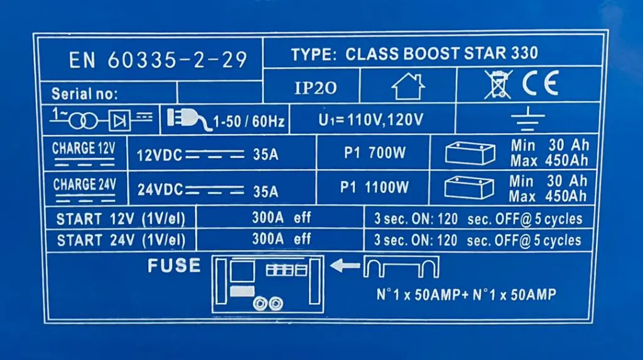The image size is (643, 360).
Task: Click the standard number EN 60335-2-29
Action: (x=158, y=60)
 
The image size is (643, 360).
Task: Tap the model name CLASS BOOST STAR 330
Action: (x=414, y=53)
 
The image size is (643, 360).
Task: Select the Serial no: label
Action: (x=84, y=94)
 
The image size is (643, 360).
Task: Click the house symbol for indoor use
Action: (x=408, y=87)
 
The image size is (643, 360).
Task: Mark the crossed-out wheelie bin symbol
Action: (x=498, y=84)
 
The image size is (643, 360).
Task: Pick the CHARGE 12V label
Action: (x=83, y=149)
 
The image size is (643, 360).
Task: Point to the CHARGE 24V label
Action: (x=84, y=185)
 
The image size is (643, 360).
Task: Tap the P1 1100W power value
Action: (x=374, y=187)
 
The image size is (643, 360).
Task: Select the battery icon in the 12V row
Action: (x=469, y=153)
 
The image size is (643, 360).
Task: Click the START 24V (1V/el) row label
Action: (x=121, y=240)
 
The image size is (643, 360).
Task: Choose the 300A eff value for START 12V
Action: (x=281, y=219)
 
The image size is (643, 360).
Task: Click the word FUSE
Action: (x=174, y=266)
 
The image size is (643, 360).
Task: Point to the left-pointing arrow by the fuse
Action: (x=345, y=266)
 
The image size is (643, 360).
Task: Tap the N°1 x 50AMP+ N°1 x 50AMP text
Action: (x=465, y=295)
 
